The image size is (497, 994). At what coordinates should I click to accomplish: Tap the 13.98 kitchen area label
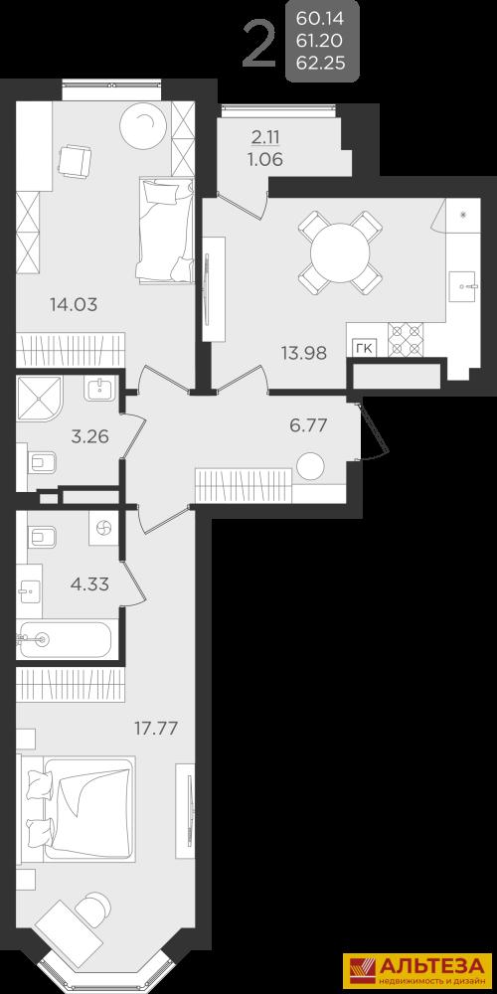tap(304, 353)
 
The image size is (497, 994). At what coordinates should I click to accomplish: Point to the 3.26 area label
tap(90, 436)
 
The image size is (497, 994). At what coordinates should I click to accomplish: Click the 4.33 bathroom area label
tap(90, 583)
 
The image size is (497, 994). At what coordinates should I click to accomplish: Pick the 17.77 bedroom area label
tap(155, 728)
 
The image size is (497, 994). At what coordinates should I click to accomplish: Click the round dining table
tap(340, 252)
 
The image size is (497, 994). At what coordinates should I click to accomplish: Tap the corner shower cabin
tap(40, 400)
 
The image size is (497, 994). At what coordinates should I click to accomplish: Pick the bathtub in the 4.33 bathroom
tap(65, 640)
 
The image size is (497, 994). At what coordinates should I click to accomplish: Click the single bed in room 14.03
tap(165, 231)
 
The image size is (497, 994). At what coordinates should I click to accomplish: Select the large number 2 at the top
tap(259, 45)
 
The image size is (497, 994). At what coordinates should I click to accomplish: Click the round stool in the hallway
tap(310, 466)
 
